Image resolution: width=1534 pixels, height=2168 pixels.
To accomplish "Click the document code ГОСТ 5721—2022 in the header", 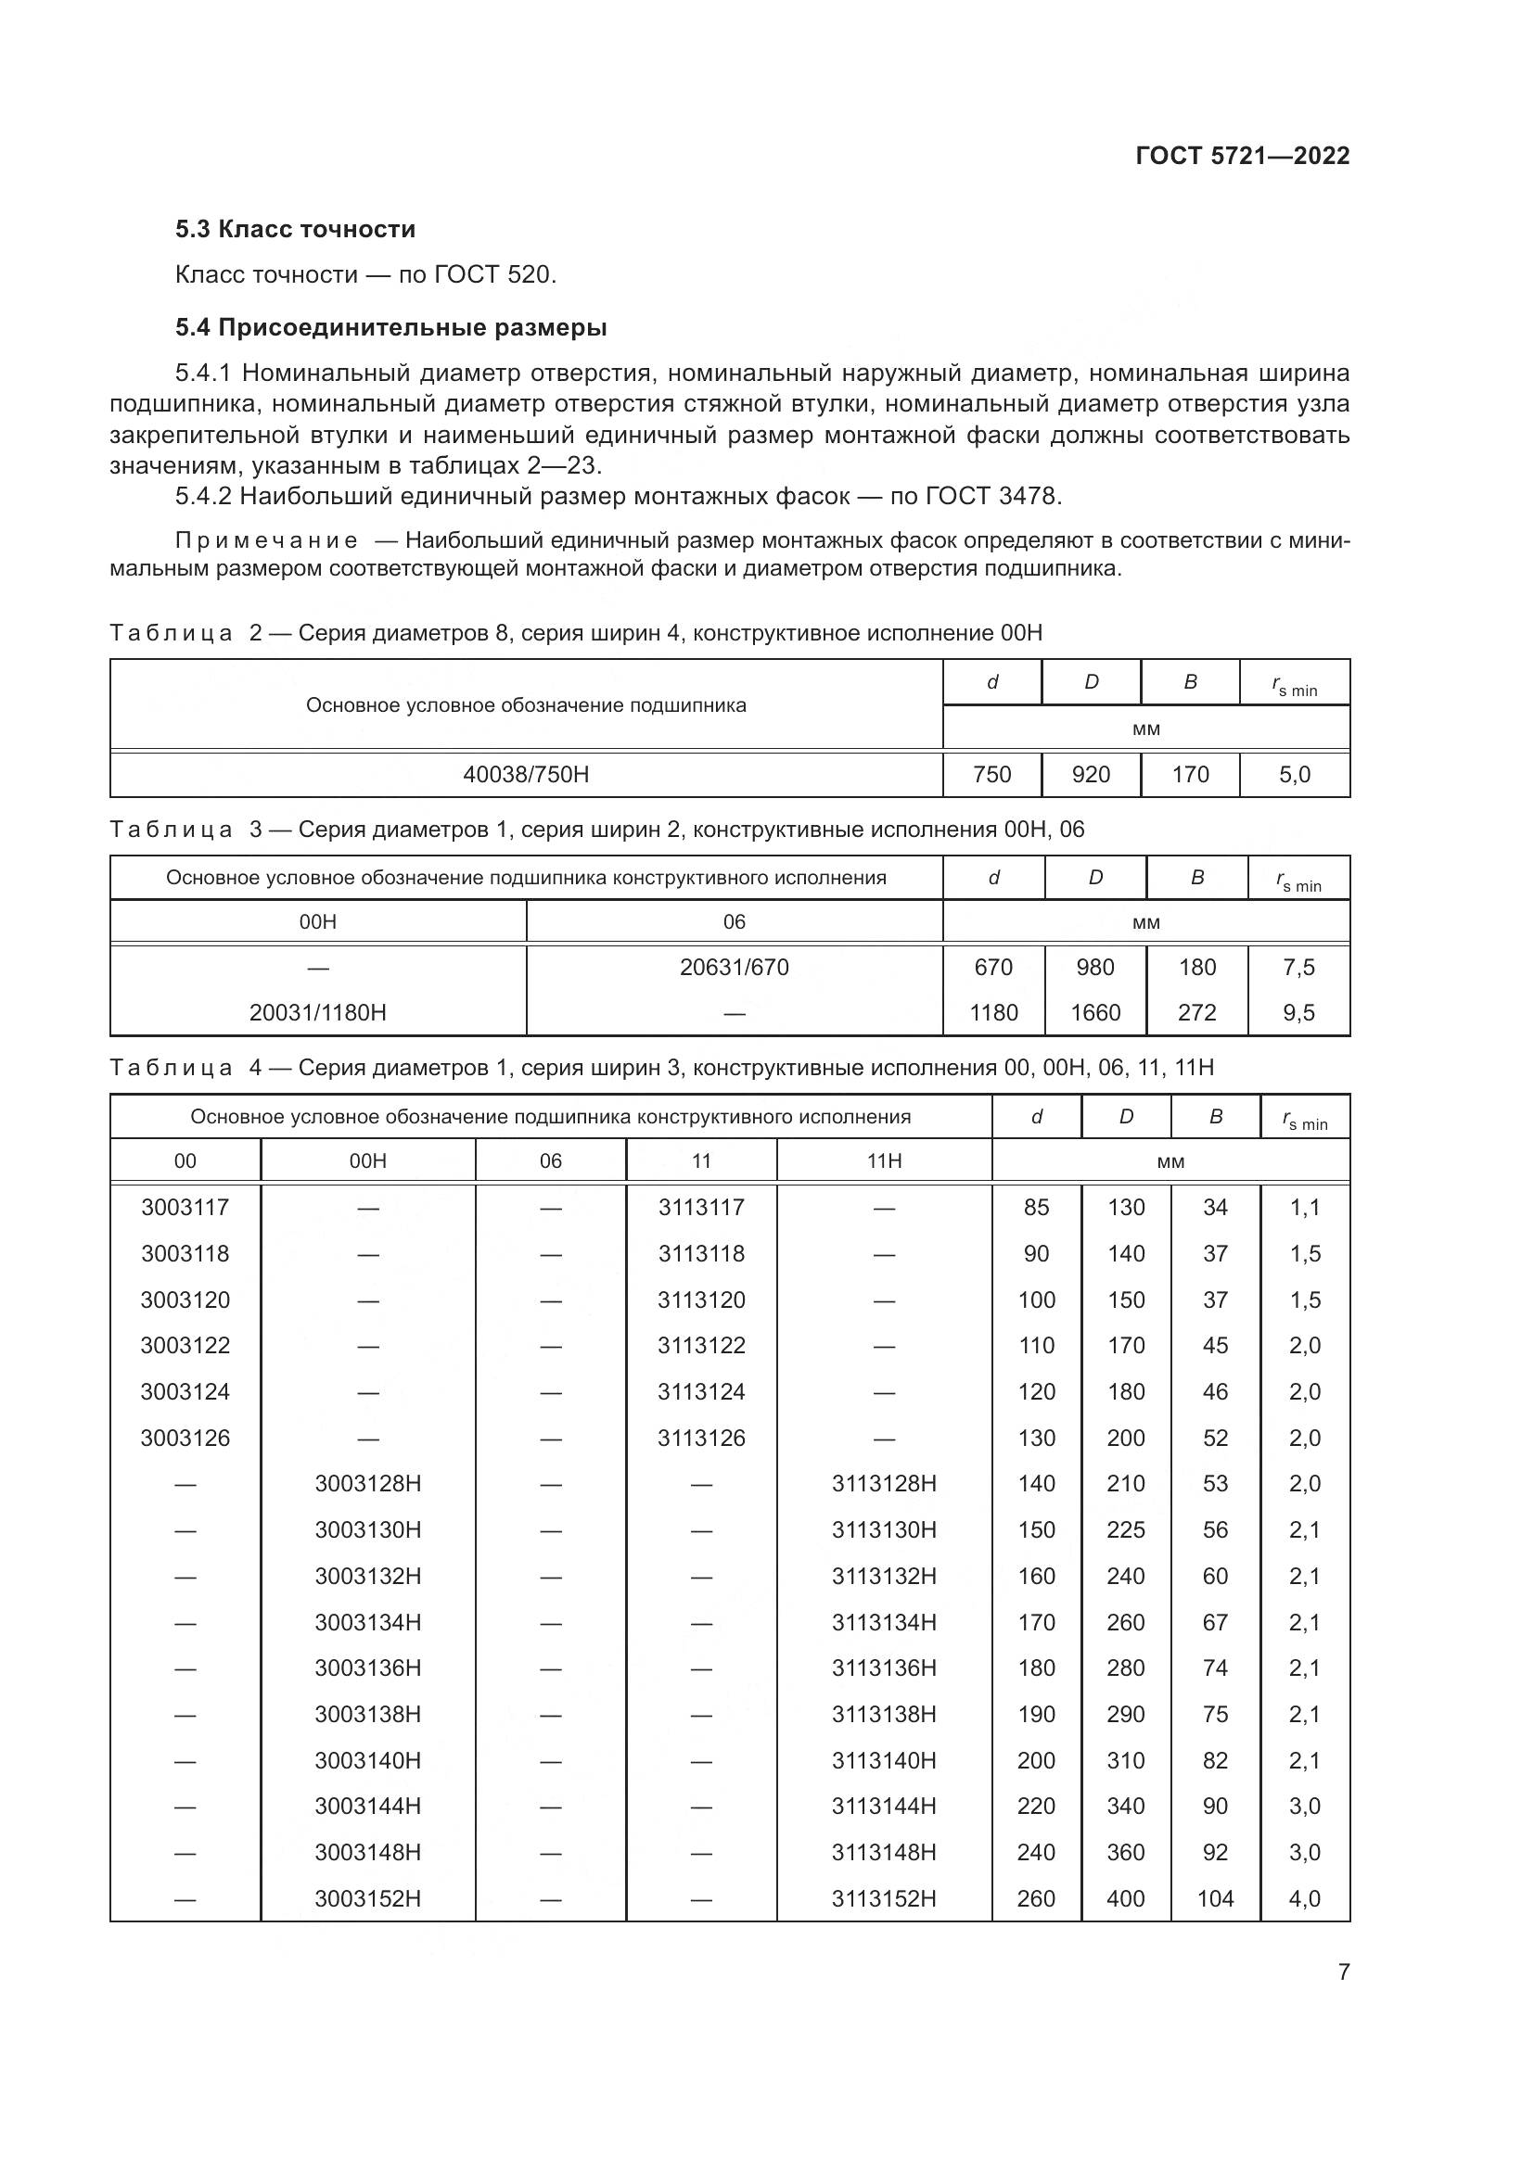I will [1242, 156].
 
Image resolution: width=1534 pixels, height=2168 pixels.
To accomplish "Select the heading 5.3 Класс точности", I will [295, 230].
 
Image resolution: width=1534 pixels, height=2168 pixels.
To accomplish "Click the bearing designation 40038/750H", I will [526, 774].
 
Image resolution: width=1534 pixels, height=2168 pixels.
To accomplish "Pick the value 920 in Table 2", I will [1091, 774].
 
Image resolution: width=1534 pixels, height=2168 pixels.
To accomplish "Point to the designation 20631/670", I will [734, 967].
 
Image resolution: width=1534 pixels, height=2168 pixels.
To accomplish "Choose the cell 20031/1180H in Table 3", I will [317, 1012].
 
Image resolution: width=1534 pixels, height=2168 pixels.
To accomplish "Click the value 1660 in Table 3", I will [1094, 1012].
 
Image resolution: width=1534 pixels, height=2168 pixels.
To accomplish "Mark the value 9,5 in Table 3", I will [1298, 1012].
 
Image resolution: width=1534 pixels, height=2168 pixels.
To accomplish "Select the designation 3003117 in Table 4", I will [185, 1207].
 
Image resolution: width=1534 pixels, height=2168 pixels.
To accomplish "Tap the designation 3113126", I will [701, 1439].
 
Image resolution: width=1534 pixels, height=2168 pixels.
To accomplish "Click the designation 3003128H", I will [367, 1483].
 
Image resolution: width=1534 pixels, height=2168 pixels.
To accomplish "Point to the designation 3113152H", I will [884, 1898].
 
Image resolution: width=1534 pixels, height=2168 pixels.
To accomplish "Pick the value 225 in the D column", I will [1126, 1529].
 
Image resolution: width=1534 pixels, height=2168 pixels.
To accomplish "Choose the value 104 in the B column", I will [1215, 1898].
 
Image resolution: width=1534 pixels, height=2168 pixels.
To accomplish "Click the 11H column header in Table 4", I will [884, 1160].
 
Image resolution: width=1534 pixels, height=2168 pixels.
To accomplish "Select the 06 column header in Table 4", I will [551, 1160].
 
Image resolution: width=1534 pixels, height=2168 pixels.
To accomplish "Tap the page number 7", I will [1343, 1972].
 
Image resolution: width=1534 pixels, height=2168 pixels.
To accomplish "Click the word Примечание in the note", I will [266, 541].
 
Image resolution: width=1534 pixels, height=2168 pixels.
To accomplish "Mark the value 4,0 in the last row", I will [1305, 1898].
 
